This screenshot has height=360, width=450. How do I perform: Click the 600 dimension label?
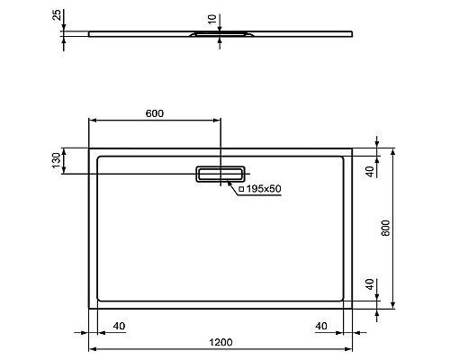click(x=154, y=113)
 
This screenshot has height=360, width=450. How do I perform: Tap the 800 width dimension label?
click(x=385, y=229)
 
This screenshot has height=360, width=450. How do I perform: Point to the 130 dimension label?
click(x=56, y=162)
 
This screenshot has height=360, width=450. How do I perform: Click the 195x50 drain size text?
click(x=263, y=189)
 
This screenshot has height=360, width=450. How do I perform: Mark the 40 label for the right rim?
click(x=320, y=326)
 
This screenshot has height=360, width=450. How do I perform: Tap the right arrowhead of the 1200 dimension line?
click(x=349, y=348)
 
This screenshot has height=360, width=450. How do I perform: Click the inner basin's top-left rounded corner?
click(x=99, y=159)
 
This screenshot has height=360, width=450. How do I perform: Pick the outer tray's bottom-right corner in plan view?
click(x=351, y=308)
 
